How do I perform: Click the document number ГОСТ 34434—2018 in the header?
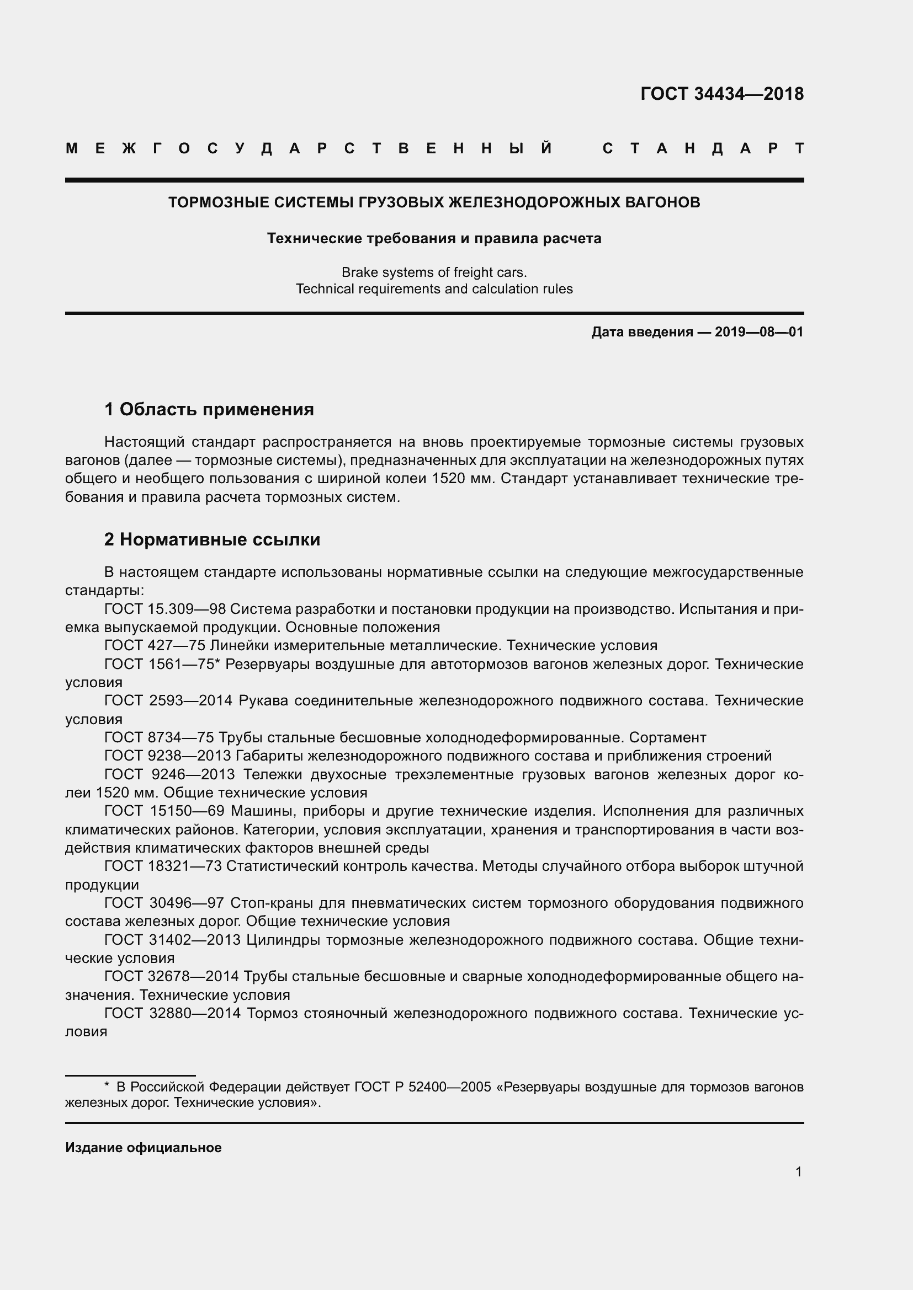coord(722,94)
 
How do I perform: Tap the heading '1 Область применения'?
coord(209,409)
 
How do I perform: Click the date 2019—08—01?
coord(759,332)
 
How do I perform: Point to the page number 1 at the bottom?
coord(798,1171)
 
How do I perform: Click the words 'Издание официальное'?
coord(144,1147)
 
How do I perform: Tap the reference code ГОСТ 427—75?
coord(155,646)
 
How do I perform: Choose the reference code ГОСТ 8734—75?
coord(159,737)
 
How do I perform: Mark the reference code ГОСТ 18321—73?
coord(163,866)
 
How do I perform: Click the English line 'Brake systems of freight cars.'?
coord(434,272)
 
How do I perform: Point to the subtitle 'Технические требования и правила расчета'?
coord(434,238)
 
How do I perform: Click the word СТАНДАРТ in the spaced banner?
coord(703,148)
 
